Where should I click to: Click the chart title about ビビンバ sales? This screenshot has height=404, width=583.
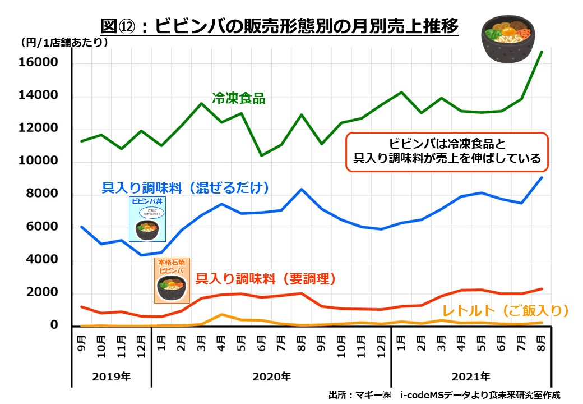279,26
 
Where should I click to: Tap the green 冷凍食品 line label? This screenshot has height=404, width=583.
238,98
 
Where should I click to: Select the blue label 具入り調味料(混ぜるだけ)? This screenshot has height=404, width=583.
186,188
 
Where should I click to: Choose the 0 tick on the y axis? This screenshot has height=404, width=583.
54,325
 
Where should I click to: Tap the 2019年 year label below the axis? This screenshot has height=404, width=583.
112,375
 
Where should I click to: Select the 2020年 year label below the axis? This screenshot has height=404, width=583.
272,375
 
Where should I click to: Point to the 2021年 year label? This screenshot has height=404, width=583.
471,375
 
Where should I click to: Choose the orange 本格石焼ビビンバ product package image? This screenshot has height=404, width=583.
172,280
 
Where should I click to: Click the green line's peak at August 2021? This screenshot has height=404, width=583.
542,52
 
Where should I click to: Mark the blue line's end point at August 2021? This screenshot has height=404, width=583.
542,178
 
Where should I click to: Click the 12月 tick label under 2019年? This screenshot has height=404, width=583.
141,348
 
